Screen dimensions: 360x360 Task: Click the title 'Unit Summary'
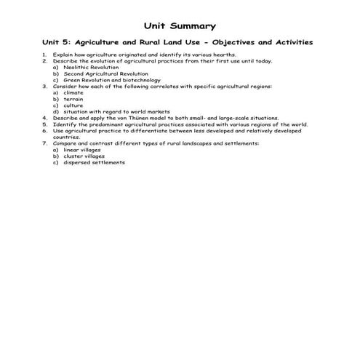(180, 26)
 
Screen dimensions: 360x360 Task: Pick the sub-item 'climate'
(73, 92)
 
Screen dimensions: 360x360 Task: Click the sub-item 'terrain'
(73, 99)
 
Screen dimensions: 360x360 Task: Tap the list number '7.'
(44, 143)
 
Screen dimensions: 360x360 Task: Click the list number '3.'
(44, 87)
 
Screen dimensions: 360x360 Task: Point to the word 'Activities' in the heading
(291, 43)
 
